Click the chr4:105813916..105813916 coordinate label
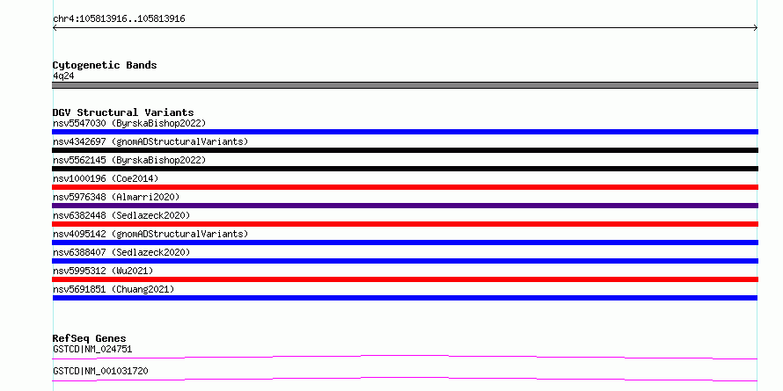click(x=119, y=19)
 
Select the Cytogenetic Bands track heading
click(x=105, y=65)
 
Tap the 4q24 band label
click(x=64, y=76)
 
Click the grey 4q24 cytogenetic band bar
click(x=405, y=85)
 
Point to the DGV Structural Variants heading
click(x=123, y=112)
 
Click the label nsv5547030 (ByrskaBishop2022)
click(x=129, y=123)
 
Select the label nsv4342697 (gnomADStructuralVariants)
click(x=150, y=141)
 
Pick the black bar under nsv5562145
click(x=405, y=169)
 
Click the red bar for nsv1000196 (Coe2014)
click(x=405, y=187)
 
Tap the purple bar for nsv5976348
click(x=405, y=206)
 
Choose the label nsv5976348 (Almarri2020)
click(x=116, y=197)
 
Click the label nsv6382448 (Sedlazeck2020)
click(x=121, y=215)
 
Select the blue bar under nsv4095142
click(x=405, y=243)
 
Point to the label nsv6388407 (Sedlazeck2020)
click(x=121, y=252)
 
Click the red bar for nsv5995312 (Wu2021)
click(x=405, y=279)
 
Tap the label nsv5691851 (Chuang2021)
click(x=113, y=289)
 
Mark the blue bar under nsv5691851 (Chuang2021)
click(x=405, y=298)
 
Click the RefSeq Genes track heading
click(x=89, y=338)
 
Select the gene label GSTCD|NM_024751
click(x=92, y=349)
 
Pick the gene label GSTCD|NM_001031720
click(x=100, y=371)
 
